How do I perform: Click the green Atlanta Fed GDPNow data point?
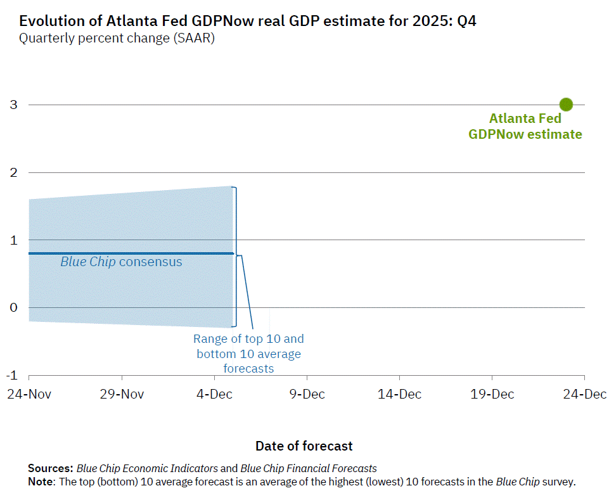(x=566, y=105)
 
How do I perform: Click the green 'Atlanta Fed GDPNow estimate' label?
(x=525, y=127)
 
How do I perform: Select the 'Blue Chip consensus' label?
(x=121, y=262)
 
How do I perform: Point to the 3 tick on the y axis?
(x=13, y=105)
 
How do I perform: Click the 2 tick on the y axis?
(x=13, y=172)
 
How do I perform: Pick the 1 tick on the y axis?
(x=13, y=240)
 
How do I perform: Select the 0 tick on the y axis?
(x=13, y=308)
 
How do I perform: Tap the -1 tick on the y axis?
(x=11, y=375)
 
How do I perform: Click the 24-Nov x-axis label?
(x=29, y=394)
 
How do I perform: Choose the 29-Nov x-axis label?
(x=122, y=394)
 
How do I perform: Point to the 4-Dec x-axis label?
(x=214, y=394)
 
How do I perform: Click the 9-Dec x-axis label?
(x=307, y=394)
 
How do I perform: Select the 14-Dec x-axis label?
(x=399, y=394)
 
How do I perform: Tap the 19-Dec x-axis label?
(x=492, y=394)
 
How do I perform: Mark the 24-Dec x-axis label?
(x=584, y=394)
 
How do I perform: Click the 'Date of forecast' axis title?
(x=304, y=446)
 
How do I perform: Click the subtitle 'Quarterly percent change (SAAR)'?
(x=117, y=38)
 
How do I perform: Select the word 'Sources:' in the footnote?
(x=51, y=469)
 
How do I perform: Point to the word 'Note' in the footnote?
(x=41, y=482)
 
